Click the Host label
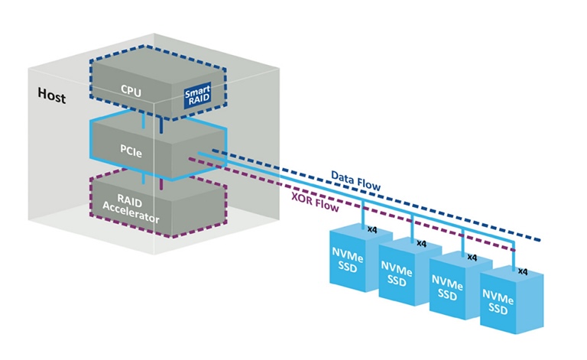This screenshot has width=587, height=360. pos(51,98)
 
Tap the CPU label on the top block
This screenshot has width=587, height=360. pos(131,89)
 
